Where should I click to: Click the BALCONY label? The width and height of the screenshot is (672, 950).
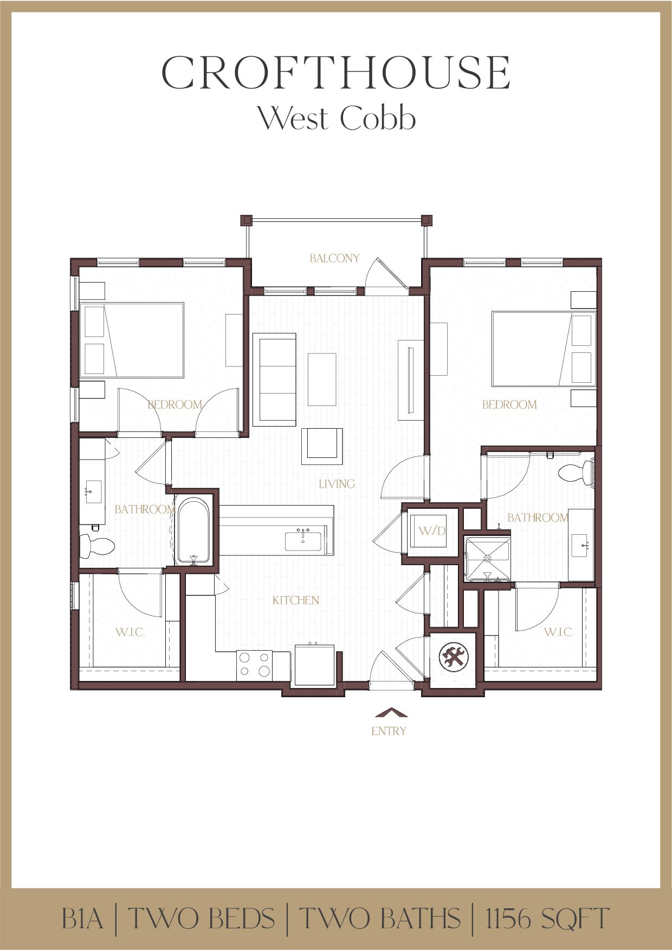coord(334,258)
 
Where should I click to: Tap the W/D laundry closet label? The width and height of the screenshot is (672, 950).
coord(432,530)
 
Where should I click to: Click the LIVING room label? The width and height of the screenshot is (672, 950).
coord(337,483)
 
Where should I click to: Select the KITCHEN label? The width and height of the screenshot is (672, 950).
coord(295,600)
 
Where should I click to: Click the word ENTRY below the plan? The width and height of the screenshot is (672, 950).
coord(389,731)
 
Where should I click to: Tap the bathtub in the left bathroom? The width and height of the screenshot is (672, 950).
coord(193,531)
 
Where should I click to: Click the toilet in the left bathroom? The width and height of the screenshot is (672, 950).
coord(96,546)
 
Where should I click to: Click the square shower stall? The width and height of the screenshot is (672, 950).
coord(488,559)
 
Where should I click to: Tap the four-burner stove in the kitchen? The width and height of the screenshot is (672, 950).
coord(255,665)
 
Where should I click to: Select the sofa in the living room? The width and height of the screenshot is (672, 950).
coord(274,379)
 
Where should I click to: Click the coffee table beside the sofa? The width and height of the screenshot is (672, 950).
coord(322,379)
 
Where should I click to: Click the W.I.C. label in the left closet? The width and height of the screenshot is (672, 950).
coord(130,632)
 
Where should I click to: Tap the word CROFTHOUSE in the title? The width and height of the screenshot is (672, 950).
coord(336,73)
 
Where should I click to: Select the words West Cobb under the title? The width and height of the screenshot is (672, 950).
coord(336,118)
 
